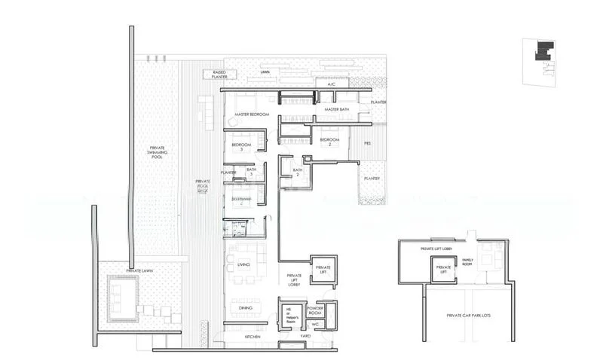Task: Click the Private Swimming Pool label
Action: point(157,151)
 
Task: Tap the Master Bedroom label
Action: point(252,114)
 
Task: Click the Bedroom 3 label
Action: point(241,146)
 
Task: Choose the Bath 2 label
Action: point(297,172)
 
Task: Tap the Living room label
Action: point(243,264)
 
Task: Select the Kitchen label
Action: point(253,337)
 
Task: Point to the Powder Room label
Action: point(316,310)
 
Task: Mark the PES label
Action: point(367,142)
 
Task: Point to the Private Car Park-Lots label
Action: point(469,316)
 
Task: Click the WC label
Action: point(315,325)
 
